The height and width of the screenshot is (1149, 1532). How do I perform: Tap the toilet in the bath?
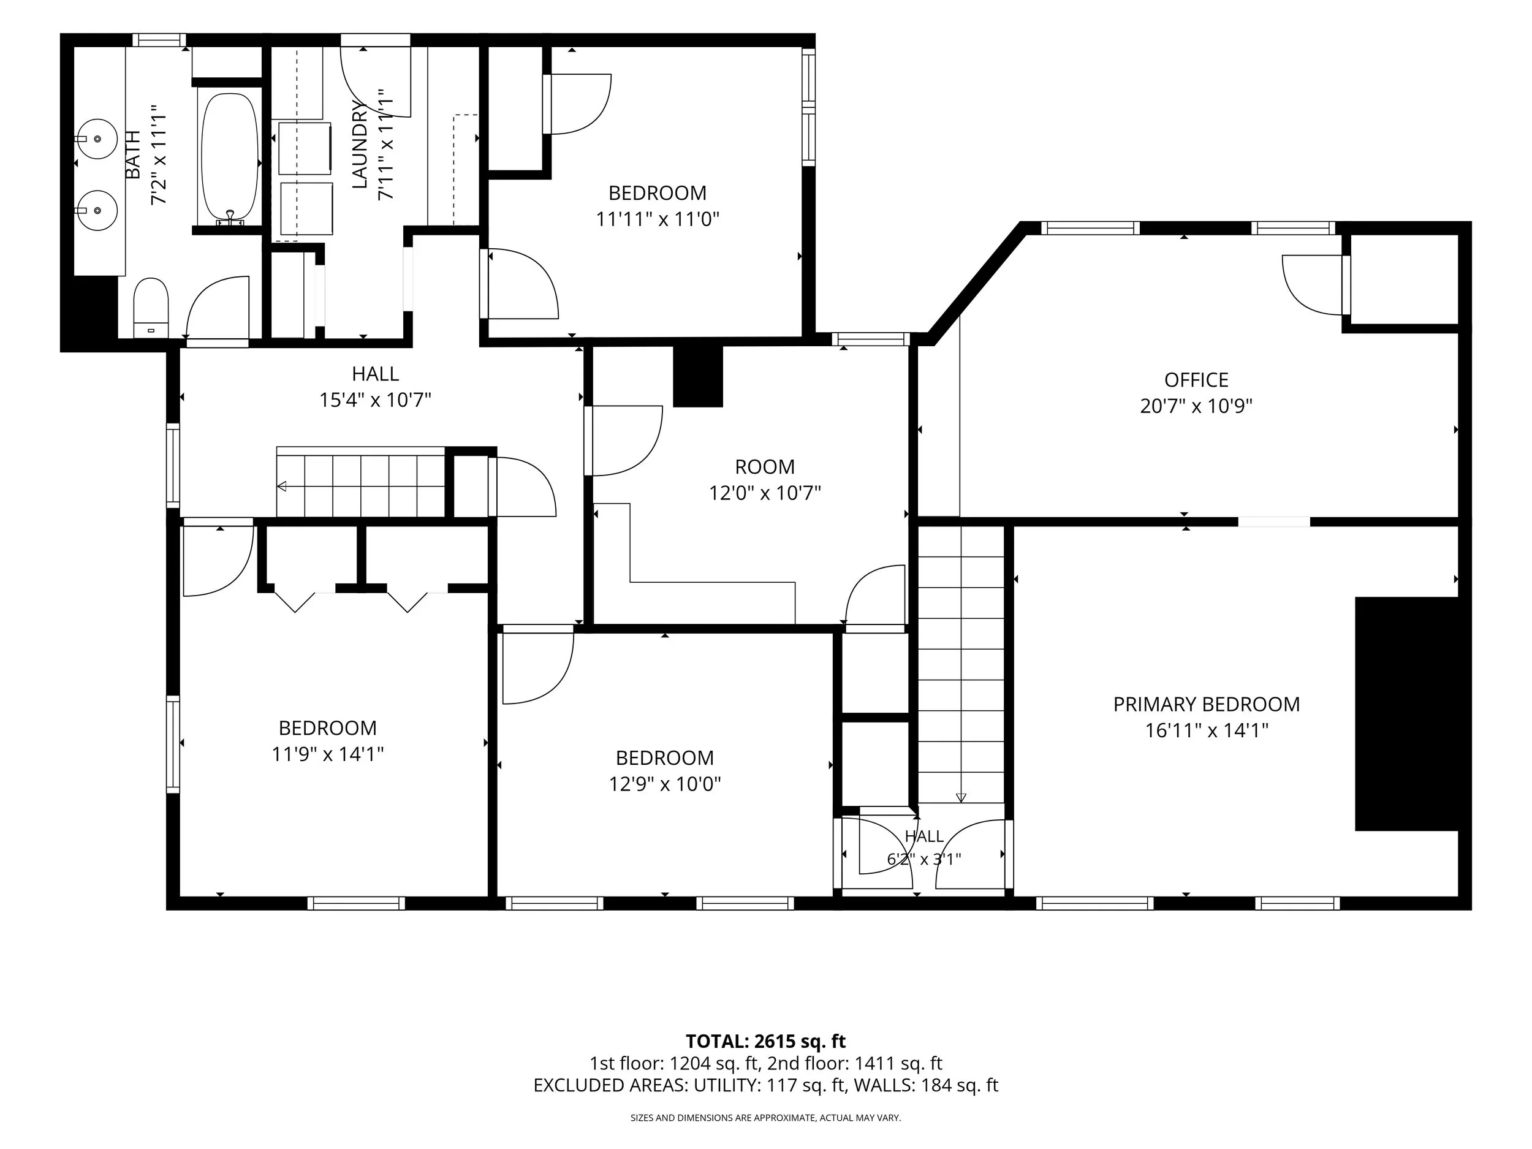150,308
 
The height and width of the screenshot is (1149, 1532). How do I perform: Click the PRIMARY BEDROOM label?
1207,704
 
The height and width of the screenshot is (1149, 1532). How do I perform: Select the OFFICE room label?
1196,379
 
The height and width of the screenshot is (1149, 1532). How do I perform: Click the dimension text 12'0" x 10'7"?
765,493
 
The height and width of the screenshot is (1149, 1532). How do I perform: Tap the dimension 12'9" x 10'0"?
665,784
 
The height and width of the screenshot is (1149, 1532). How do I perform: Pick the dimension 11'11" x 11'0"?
658,219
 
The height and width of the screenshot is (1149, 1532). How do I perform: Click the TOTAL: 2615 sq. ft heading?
765,1041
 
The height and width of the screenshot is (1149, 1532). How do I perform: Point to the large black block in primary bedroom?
1408,713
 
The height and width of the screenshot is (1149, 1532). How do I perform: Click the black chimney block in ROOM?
698,376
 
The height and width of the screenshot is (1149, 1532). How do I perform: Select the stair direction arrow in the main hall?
360,486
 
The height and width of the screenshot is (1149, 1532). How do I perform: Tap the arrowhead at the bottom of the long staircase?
961,797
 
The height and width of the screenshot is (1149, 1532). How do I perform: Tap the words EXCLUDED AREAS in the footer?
610,1085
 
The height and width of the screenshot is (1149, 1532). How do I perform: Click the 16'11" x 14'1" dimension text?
1207,730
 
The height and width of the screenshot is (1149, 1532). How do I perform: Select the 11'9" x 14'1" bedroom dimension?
328,754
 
